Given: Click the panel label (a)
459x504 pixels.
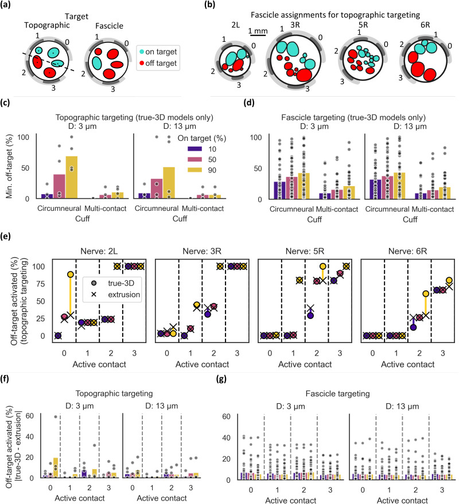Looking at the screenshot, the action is pos(6,5).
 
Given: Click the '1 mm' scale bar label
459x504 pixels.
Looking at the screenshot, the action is pos(258,31).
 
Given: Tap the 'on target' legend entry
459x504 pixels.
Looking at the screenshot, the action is pos(158,52).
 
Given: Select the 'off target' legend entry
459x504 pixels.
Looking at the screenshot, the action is pos(158,63).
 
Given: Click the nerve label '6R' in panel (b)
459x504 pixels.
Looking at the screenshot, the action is pos(425,25).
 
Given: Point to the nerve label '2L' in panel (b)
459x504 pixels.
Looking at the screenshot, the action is pos(235,25).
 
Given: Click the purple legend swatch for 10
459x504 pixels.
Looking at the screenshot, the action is pos(195,149).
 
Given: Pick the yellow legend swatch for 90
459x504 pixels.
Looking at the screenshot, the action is pos(195,170).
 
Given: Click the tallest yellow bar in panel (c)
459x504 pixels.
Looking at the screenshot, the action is pos(72,178).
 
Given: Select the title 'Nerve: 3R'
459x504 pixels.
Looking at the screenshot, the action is pos(202,251).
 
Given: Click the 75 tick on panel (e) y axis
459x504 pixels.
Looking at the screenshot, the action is pos(41,284).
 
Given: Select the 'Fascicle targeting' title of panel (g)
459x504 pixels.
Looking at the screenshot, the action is pos(337,393).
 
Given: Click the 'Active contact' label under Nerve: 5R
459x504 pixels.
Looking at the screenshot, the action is pos(305,364).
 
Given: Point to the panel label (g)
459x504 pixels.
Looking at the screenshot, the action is pos(221,379).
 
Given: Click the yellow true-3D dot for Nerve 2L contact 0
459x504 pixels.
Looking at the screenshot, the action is pos(70,274).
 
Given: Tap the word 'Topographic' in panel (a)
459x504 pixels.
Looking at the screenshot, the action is pos(46,25).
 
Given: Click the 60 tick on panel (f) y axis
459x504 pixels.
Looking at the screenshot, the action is pos(30,416).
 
